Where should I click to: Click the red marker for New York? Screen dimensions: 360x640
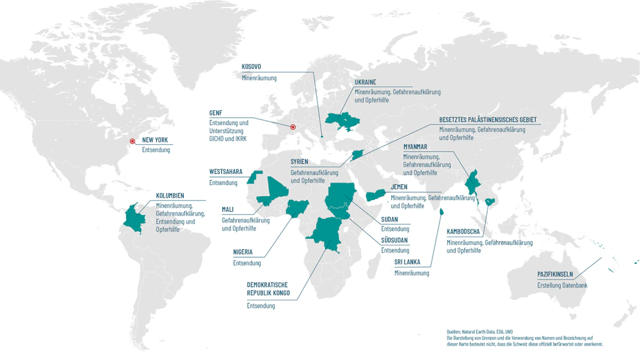coord(132,141)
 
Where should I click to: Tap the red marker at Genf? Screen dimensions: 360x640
coord(293,128)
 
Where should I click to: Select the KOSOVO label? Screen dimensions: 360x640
coord(251,67)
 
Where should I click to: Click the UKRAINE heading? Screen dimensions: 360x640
coord(366,82)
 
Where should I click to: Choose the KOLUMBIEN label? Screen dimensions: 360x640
coord(170,196)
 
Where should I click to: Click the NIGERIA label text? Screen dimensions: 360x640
coord(242,252)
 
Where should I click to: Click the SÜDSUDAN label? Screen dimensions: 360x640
coord(396,241)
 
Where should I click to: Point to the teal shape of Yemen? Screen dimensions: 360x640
coord(377,196)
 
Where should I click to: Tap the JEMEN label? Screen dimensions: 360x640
coord(399,187)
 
